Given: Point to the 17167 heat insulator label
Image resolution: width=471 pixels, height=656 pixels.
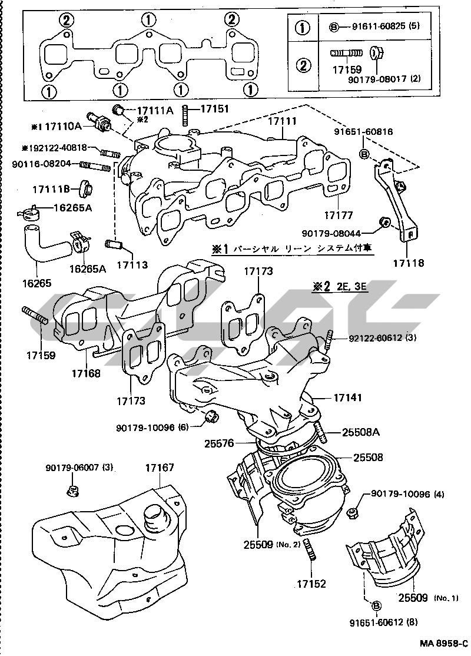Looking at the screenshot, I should [x=160, y=468].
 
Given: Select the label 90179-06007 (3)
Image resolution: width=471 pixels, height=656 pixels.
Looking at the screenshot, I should [x=79, y=468].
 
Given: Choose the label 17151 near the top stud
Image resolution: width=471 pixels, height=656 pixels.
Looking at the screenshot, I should [x=215, y=109].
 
